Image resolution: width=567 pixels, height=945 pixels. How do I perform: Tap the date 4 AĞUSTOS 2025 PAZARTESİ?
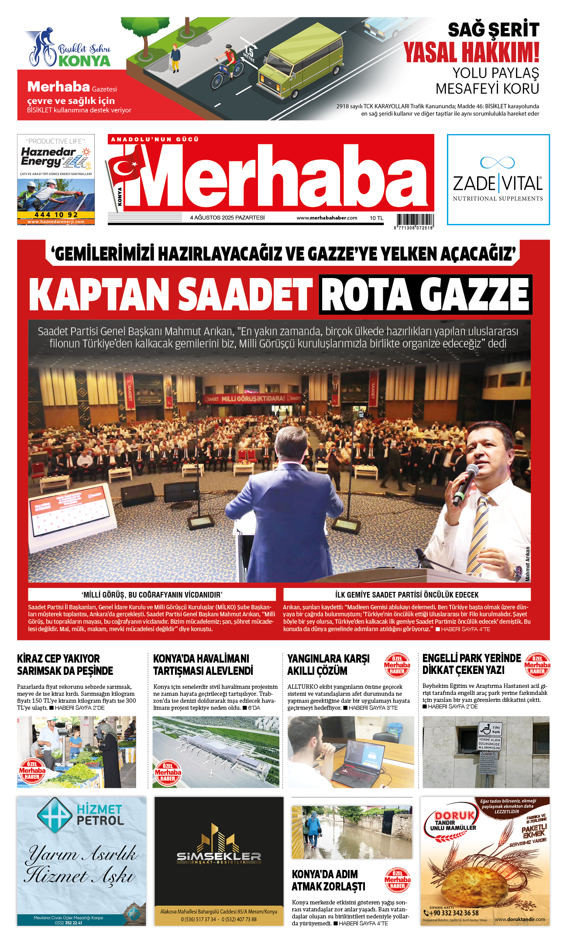coord(227,218)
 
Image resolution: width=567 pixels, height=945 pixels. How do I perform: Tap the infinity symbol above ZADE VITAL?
coord(497,162)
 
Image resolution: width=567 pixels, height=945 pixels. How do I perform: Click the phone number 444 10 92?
coord(56,215)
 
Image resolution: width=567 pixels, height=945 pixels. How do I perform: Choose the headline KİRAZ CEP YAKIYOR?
coord(58,658)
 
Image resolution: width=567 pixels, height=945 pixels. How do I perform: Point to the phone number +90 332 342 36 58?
coord(454,913)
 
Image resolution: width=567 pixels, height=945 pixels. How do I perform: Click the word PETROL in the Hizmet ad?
coord(100,821)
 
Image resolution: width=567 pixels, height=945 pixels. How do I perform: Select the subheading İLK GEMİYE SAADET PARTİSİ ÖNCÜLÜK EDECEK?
coord(407,594)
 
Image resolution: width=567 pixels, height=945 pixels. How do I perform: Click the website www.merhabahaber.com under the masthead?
coord(326,218)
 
